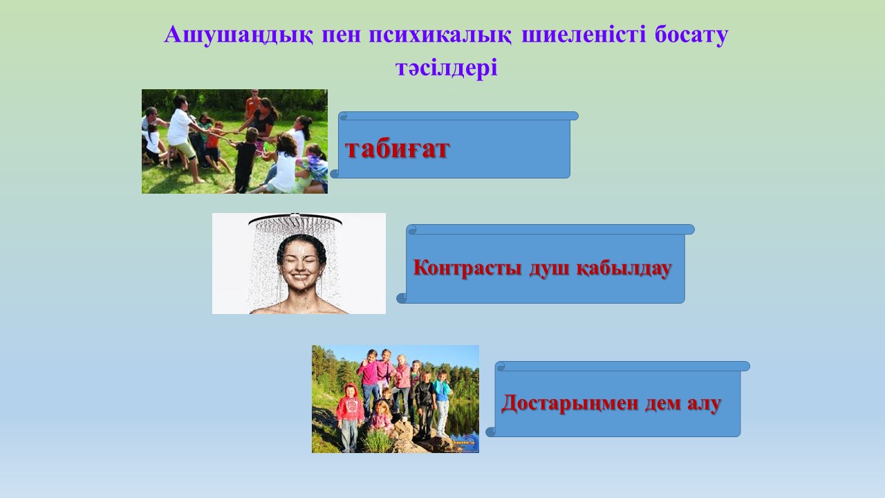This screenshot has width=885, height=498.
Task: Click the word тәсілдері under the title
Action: tap(447, 68)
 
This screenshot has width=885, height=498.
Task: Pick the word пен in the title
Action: tap(342, 35)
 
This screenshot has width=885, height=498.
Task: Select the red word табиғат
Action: tap(397, 149)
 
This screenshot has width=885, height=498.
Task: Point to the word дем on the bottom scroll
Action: tap(662, 404)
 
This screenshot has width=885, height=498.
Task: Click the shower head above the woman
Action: tap(295, 219)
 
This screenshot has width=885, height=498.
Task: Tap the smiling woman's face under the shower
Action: tap(301, 264)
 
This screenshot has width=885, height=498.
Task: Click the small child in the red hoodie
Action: tap(350, 417)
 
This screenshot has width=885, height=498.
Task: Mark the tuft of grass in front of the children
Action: tap(377, 441)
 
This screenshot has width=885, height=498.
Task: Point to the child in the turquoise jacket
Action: tap(442, 403)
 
